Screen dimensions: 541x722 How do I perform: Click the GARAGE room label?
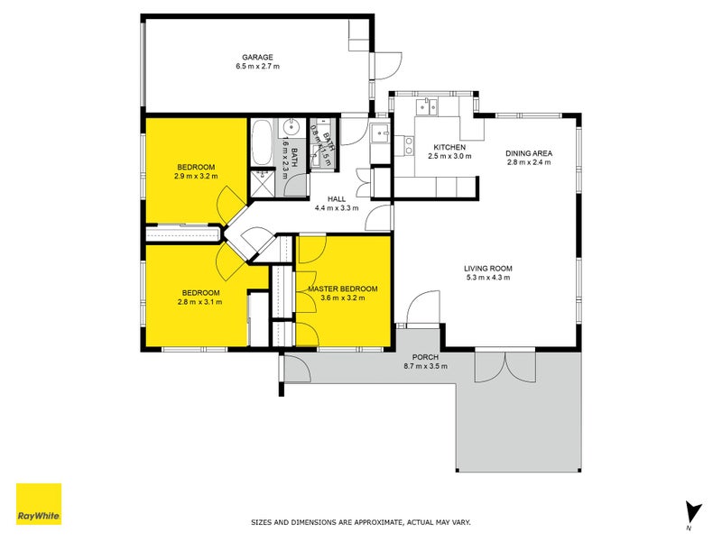pyautogui.click(x=257, y=57)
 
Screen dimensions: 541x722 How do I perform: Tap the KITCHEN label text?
pyautogui.click(x=449, y=147)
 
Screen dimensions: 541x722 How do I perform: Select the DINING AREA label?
pyautogui.click(x=528, y=152)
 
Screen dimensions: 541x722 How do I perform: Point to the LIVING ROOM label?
pyautogui.click(x=487, y=268)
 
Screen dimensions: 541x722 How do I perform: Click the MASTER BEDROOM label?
pyautogui.click(x=342, y=289)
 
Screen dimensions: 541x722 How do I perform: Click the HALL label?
pyautogui.click(x=336, y=198)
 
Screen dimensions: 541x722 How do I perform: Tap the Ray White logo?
pyautogui.click(x=39, y=504)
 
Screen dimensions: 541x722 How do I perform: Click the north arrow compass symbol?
pyautogui.click(x=692, y=512)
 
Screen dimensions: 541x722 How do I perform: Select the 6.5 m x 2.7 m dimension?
pyautogui.click(x=257, y=66)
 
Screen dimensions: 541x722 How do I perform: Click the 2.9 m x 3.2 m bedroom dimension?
pyautogui.click(x=196, y=177)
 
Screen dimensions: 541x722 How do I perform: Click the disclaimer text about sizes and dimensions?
pyautogui.click(x=360, y=522)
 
